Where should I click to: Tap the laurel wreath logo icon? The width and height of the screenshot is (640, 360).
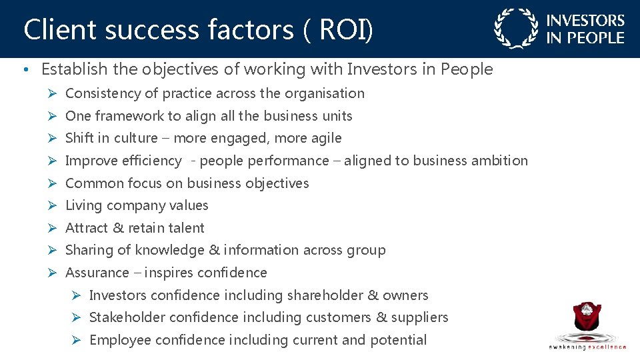pyautogui.click(x=515, y=29)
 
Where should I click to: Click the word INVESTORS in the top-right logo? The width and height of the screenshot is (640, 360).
pyautogui.click(x=585, y=21)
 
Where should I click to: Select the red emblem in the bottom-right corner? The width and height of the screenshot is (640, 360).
pyautogui.click(x=587, y=319)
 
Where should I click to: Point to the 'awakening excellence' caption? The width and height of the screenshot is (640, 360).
pyautogui.click(x=587, y=347)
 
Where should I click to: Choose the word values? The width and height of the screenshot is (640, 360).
pyautogui.click(x=188, y=205)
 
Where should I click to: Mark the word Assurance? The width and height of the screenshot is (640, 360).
pyautogui.click(x=97, y=273)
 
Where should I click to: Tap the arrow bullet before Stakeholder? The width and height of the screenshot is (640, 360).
pyautogui.click(x=77, y=317)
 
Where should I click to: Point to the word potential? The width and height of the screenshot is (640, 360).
pyautogui.click(x=397, y=340)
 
